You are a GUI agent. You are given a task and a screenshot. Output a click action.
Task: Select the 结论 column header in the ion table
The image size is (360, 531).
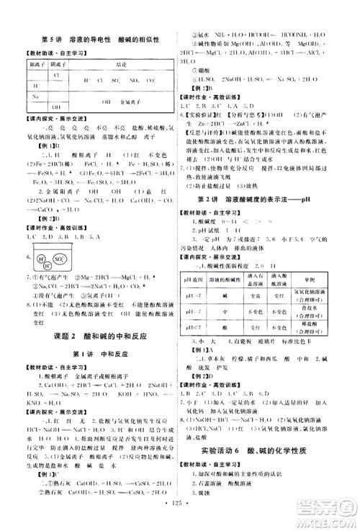(x=114, y=63)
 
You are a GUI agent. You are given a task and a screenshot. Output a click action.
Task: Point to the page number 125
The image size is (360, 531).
(x=180, y=516)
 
